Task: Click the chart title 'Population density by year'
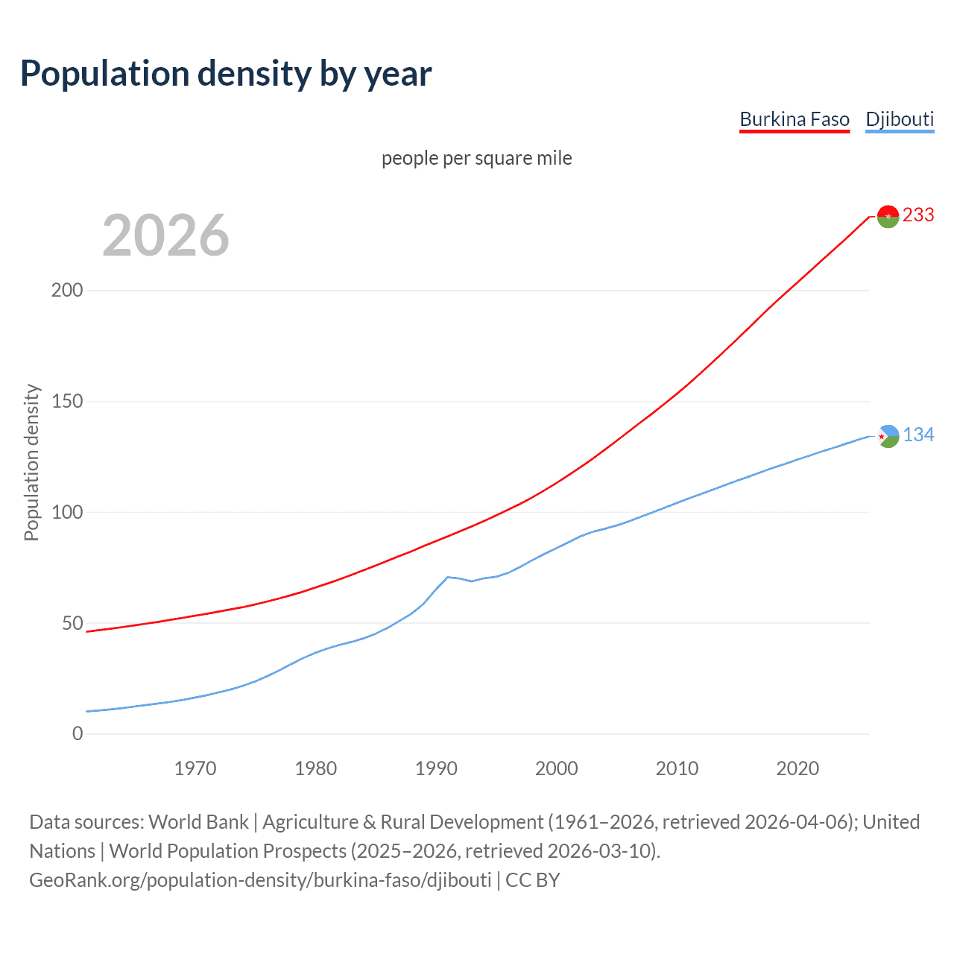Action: tap(226, 74)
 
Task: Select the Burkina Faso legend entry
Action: tap(794, 119)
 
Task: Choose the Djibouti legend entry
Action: tap(900, 119)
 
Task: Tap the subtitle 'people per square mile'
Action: tap(476, 158)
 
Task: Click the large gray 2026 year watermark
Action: tap(165, 236)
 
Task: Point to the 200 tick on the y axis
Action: tap(67, 290)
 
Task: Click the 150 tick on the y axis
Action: tap(67, 401)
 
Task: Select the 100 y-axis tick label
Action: tap(67, 512)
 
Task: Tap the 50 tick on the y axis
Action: tap(72, 623)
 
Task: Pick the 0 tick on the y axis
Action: tap(78, 733)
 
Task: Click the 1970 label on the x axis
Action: tap(195, 768)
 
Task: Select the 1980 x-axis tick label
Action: tap(315, 768)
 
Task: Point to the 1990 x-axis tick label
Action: tap(436, 768)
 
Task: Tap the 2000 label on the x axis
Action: tap(557, 768)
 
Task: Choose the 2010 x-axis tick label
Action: tap(677, 768)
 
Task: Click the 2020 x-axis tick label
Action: tap(797, 768)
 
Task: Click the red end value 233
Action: tap(918, 215)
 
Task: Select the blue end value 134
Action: tap(918, 435)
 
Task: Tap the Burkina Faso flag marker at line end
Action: tap(888, 216)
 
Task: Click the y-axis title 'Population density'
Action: tap(31, 462)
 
